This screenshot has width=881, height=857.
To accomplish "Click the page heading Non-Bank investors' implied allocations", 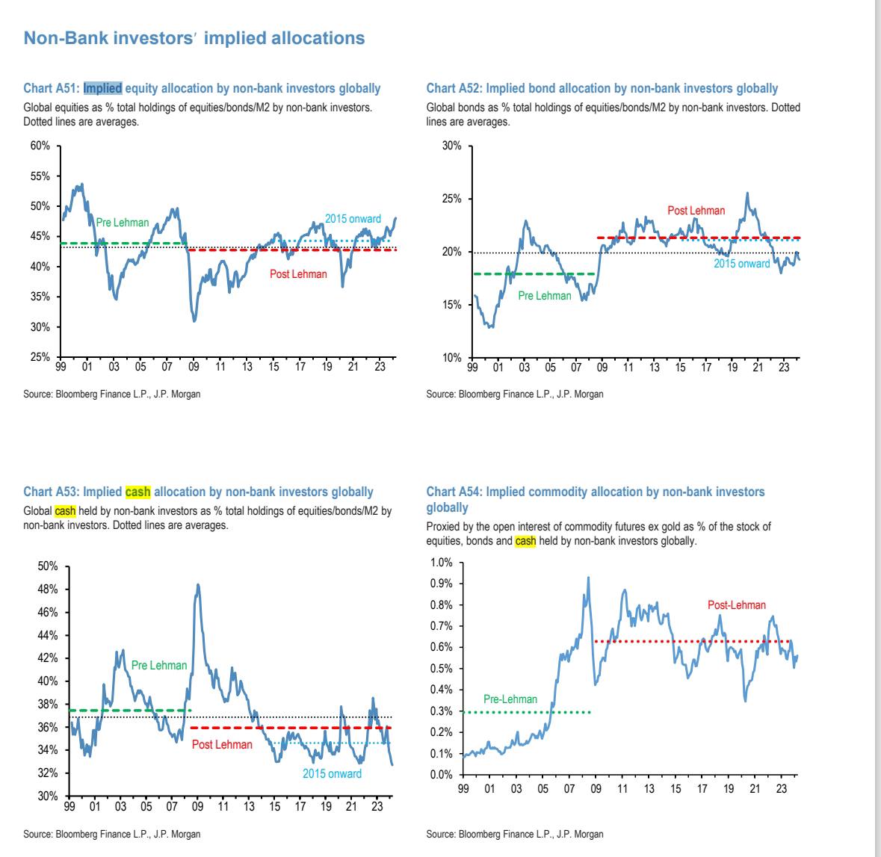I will [x=194, y=37].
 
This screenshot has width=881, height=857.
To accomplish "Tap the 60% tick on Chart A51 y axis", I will [x=40, y=146].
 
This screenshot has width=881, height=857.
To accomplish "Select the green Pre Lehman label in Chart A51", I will [x=123, y=223].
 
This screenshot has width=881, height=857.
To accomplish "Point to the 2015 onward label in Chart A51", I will [x=353, y=219].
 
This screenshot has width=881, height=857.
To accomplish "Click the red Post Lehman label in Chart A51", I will [x=298, y=274].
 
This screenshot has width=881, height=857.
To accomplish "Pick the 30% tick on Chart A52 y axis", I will [x=451, y=146].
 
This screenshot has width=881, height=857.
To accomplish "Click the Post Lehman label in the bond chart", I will [x=696, y=211].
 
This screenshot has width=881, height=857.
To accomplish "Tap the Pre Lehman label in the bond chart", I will [x=544, y=296].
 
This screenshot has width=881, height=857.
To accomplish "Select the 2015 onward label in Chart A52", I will [x=741, y=264].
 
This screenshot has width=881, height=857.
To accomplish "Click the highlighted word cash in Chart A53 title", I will [x=137, y=492].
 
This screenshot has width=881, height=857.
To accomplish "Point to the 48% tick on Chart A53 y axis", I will [x=48, y=590].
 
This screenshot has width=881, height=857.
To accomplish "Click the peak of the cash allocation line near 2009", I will [x=198, y=585].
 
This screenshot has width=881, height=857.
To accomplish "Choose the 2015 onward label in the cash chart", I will [x=332, y=774].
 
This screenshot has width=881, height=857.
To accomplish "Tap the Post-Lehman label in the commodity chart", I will [x=736, y=605].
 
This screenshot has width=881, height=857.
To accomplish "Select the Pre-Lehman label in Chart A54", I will [x=510, y=699].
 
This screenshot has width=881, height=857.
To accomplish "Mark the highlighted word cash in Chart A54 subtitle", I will [x=525, y=541].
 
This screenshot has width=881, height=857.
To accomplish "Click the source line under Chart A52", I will [x=514, y=394].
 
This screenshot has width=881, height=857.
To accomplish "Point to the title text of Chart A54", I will [x=595, y=499].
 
